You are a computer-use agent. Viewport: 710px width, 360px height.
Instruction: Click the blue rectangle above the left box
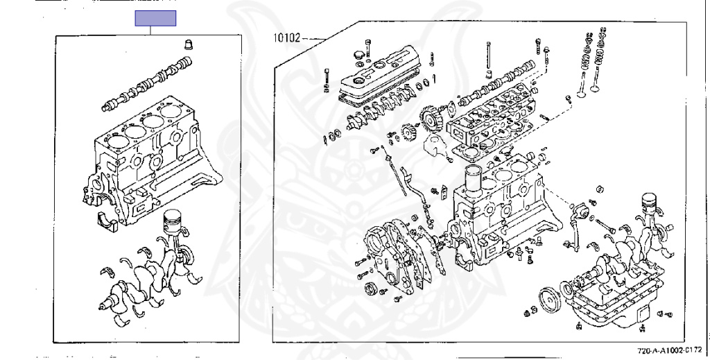pyautogui.click(x=155, y=19)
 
